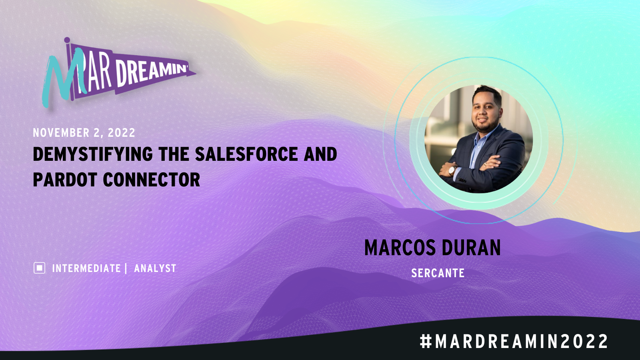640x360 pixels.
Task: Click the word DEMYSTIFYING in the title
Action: point(93,154)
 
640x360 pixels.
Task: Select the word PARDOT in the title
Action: point(65,180)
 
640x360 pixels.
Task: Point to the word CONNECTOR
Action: point(152,180)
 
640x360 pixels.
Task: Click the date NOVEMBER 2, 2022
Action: point(84,133)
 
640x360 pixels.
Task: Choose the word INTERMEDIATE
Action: point(86,268)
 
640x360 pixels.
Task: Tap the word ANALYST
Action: point(155,268)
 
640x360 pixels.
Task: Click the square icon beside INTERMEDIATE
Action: point(40,268)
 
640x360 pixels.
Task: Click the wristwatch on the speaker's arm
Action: point(452,170)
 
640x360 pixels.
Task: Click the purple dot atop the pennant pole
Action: point(67,40)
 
